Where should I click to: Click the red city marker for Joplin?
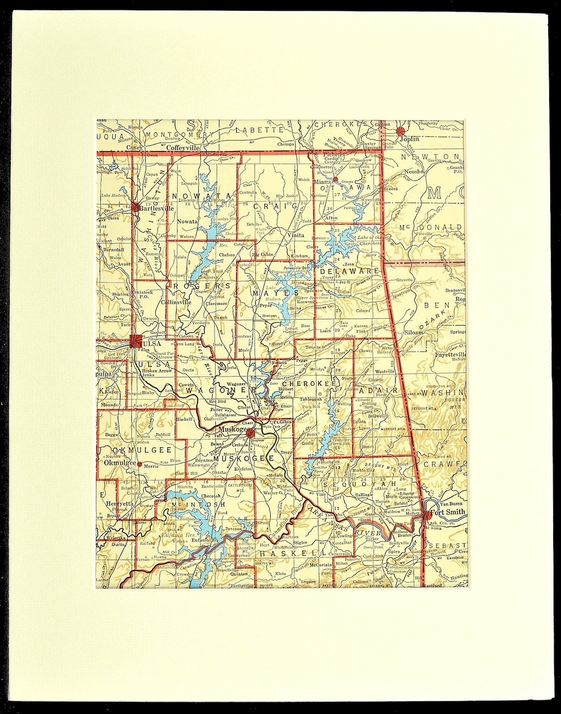[x=401, y=131]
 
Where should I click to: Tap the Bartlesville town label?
[x=157, y=208]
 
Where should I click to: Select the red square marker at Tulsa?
[x=136, y=341]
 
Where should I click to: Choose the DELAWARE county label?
[x=349, y=271]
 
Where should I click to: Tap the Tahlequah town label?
[x=311, y=399]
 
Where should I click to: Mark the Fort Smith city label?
[x=447, y=512]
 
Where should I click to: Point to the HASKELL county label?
[x=286, y=554]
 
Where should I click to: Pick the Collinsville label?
[x=176, y=302]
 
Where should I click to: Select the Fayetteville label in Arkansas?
[x=450, y=354]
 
